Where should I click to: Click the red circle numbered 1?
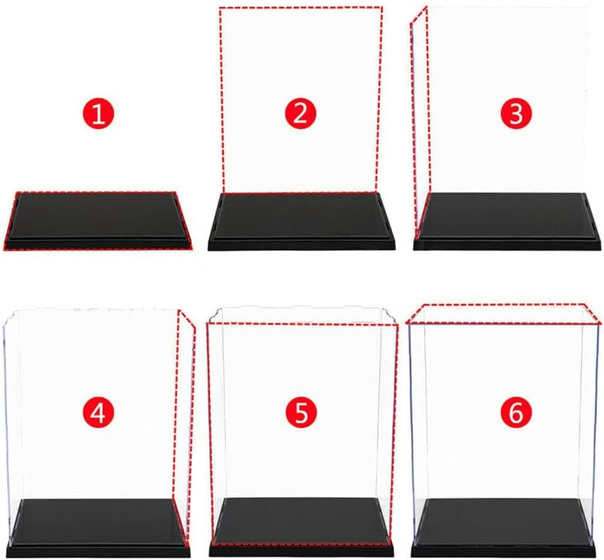(x=99, y=113)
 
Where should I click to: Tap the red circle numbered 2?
(x=300, y=113)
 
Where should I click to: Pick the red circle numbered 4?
(x=99, y=413)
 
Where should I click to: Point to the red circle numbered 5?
(x=301, y=413)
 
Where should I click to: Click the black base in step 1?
(x=99, y=218)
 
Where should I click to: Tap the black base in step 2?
(x=301, y=218)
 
